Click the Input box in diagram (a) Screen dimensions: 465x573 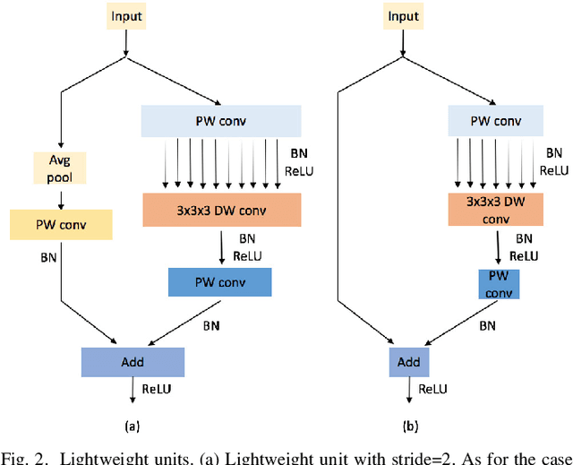[x=126, y=17]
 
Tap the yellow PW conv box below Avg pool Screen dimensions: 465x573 [x=61, y=225]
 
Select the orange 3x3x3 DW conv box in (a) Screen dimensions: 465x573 [x=222, y=210]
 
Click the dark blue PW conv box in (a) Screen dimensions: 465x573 [x=219, y=282]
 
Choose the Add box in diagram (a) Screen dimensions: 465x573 [x=132, y=362]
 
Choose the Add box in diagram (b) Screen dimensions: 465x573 [x=408, y=362]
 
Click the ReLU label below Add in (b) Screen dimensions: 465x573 [x=432, y=388]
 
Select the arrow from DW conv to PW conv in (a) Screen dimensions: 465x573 [x=221, y=246]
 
